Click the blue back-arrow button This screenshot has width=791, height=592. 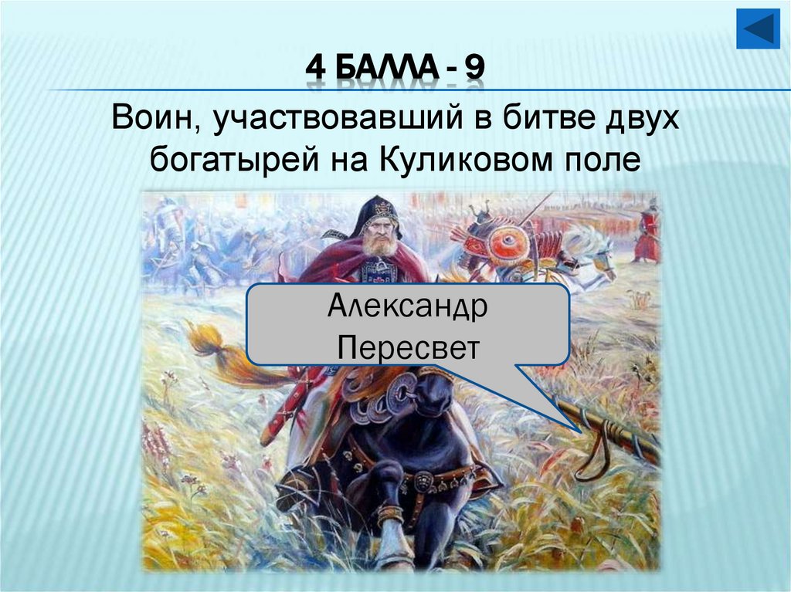(x=758, y=29)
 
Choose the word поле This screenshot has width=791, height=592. (x=603, y=160)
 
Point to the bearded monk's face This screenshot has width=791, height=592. (x=379, y=235)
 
